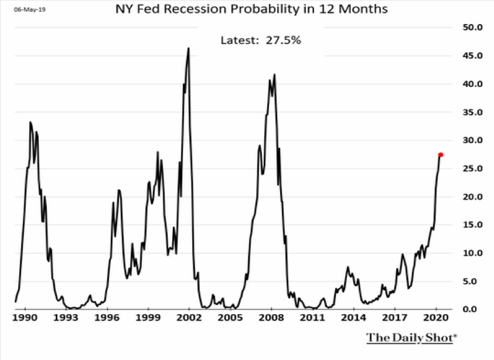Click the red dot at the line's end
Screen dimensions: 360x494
click(441, 155)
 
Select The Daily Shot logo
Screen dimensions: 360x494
click(412, 338)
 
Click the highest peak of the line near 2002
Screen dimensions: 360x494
click(189, 48)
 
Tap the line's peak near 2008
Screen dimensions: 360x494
click(274, 74)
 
